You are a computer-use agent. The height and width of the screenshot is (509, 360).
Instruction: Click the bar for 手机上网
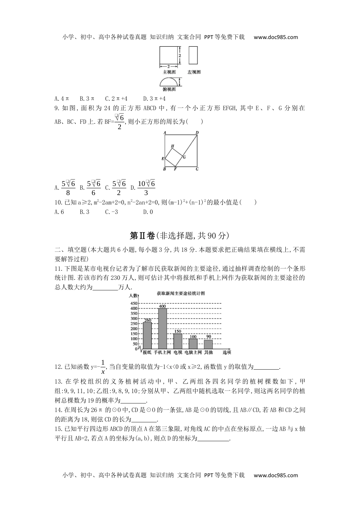click(x=162, y=328)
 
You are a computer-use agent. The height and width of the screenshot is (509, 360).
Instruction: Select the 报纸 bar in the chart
click(x=147, y=335)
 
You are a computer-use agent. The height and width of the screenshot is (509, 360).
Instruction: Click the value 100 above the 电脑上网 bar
click(x=193, y=336)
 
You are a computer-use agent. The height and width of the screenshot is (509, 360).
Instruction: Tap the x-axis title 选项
click(x=227, y=352)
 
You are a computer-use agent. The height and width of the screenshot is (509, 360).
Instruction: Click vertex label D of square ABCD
click(x=197, y=133)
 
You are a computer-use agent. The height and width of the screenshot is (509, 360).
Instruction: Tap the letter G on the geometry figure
click(x=184, y=157)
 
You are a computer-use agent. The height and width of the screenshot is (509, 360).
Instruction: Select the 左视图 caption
click(x=194, y=72)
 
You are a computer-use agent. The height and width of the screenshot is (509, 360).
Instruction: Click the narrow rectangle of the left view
click(x=193, y=56)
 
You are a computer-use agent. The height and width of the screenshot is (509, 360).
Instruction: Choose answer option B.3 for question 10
click(x=84, y=212)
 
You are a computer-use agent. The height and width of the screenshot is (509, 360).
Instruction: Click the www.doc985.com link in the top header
click(x=275, y=37)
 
